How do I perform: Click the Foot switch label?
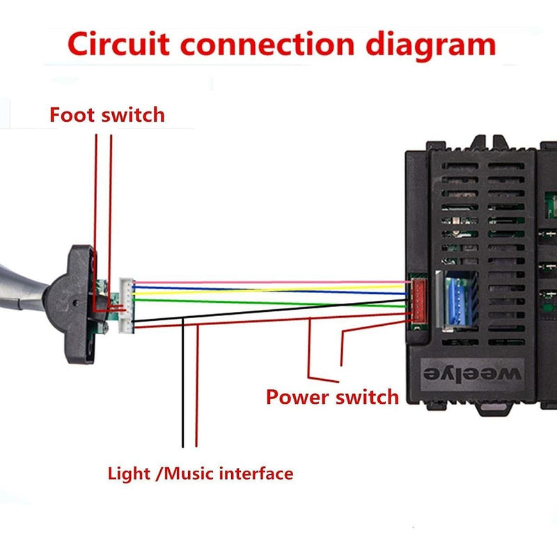[107, 114]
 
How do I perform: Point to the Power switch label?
[332, 398]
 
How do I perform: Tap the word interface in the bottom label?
[256, 474]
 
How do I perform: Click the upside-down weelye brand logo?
[472, 373]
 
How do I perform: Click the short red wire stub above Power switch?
[342, 348]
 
